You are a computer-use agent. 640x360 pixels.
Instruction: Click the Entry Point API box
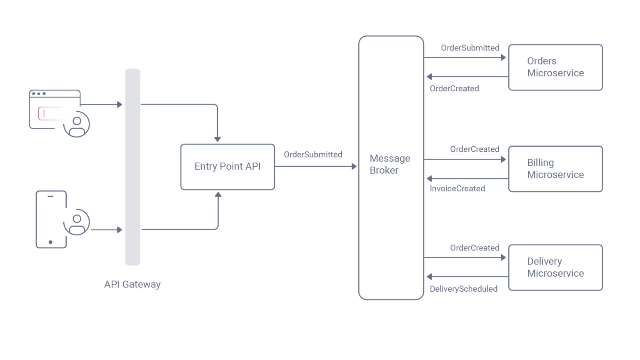(227, 167)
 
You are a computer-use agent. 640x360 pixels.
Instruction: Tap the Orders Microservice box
(555, 67)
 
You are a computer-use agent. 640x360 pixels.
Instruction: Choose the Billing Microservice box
(555, 169)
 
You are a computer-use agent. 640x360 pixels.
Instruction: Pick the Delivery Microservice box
(555, 267)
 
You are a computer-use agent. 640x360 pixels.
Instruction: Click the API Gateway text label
(132, 284)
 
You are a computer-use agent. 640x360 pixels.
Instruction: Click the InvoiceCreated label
(457, 189)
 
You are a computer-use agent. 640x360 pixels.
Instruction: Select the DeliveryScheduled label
(463, 289)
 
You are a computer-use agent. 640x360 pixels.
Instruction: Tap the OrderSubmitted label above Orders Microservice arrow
(470, 48)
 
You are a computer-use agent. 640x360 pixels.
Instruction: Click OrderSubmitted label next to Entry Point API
(313, 155)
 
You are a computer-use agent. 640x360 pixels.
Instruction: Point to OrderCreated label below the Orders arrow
(454, 88)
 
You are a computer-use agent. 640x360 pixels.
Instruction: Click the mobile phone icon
(51, 220)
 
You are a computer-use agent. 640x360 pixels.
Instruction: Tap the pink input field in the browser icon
(52, 113)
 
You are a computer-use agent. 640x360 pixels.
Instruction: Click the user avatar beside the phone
(77, 222)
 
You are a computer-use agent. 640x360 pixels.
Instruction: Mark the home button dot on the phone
(50, 242)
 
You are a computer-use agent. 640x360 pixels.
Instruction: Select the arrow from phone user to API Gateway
(106, 230)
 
